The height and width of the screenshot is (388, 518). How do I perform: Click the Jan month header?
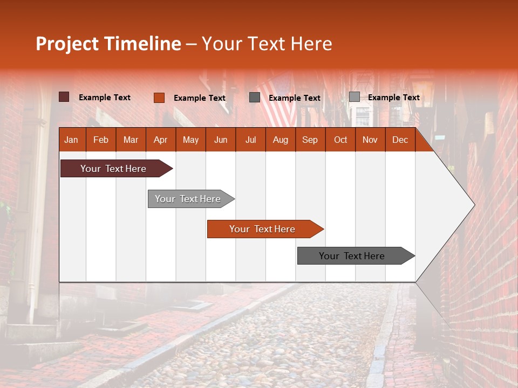click(71, 140)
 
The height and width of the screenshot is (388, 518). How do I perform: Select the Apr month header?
click(160, 140)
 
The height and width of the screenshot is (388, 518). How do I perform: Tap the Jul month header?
click(250, 140)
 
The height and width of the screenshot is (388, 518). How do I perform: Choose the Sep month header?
click(310, 140)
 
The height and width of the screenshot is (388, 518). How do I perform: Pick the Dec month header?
click(400, 140)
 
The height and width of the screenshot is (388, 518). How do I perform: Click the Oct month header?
click(340, 140)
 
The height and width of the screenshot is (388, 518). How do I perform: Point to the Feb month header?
click(101, 140)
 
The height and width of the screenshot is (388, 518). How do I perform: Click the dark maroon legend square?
click(64, 97)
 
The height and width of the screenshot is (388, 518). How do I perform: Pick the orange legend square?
click(159, 98)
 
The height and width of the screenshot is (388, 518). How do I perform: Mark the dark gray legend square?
click(255, 98)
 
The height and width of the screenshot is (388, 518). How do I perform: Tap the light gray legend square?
click(354, 97)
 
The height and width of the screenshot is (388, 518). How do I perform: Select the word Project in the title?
click(67, 44)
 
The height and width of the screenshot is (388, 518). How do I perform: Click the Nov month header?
click(370, 140)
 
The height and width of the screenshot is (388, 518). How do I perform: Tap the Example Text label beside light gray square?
click(393, 98)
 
